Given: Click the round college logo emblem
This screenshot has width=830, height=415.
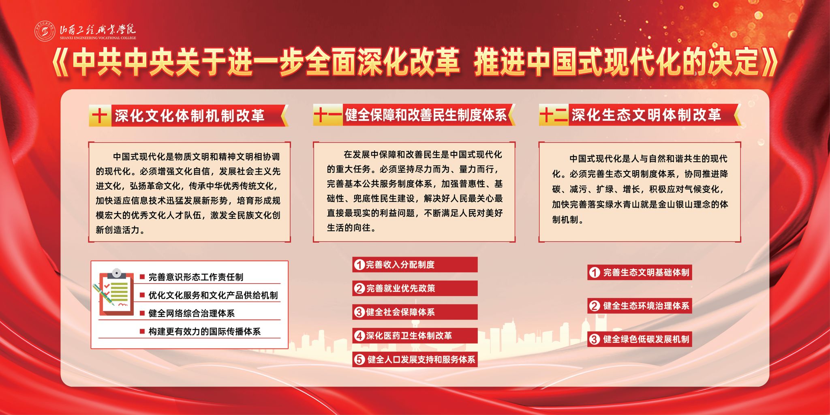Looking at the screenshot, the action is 45,31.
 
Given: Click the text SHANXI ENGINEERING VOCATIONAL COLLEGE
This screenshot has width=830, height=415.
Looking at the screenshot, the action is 98,38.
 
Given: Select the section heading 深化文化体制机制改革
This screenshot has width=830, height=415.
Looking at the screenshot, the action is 190,116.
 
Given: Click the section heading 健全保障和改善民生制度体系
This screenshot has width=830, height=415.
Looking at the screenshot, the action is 426,115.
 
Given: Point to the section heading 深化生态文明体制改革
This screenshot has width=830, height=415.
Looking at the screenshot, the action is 646,115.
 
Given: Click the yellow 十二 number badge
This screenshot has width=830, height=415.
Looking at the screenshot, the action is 554,116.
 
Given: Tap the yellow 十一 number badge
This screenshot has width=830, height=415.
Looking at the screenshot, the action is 328,116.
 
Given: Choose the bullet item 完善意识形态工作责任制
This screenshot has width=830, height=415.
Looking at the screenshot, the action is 196,277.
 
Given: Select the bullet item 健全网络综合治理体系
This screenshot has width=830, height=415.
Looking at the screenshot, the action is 191,313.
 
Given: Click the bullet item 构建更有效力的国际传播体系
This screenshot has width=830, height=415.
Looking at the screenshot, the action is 204,332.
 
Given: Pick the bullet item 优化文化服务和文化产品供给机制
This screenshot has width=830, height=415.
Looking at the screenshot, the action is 213,295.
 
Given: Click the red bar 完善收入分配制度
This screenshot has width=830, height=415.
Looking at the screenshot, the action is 415,265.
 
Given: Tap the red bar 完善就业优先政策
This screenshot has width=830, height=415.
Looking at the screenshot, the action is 415,288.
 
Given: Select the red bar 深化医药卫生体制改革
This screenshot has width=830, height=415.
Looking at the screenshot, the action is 415,336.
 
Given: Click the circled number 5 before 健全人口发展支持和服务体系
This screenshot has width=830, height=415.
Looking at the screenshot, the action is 359,359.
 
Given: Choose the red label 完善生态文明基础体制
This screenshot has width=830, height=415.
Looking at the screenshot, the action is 640,272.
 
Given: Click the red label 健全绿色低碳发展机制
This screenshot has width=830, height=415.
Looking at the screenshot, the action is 640,339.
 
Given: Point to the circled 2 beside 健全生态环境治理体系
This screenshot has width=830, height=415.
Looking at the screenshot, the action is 595,306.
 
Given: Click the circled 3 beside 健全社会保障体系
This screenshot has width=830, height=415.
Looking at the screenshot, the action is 359,312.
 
